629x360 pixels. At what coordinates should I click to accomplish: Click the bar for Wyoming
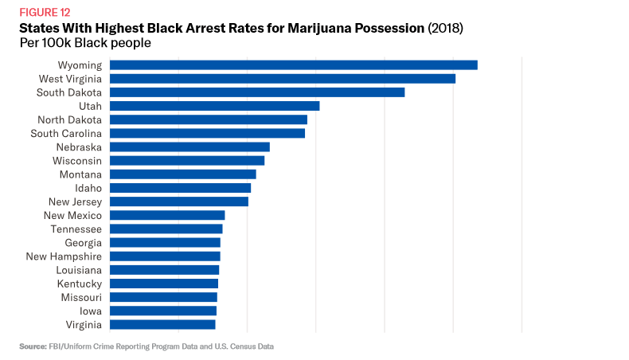click(x=293, y=65)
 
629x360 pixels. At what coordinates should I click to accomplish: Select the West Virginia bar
click(x=283, y=78)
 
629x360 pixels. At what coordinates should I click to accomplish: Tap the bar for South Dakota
click(x=257, y=92)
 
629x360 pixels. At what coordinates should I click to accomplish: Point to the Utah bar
click(x=214, y=106)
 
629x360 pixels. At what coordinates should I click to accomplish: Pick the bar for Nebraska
click(x=189, y=147)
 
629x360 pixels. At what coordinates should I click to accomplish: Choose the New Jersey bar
click(x=179, y=202)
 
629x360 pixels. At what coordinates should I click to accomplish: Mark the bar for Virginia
click(x=162, y=324)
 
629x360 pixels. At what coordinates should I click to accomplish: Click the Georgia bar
click(x=165, y=242)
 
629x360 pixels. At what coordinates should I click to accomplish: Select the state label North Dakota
click(x=69, y=119)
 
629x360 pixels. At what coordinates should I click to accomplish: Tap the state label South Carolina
click(x=66, y=133)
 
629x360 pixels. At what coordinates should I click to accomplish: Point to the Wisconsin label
click(x=77, y=160)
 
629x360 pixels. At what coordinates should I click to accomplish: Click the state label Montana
click(x=80, y=174)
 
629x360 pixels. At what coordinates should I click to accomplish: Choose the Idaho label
click(x=88, y=188)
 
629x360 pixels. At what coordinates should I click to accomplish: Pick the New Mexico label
click(x=72, y=215)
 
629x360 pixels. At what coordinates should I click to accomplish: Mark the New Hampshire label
click(x=64, y=256)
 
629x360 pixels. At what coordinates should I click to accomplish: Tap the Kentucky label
click(x=79, y=284)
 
